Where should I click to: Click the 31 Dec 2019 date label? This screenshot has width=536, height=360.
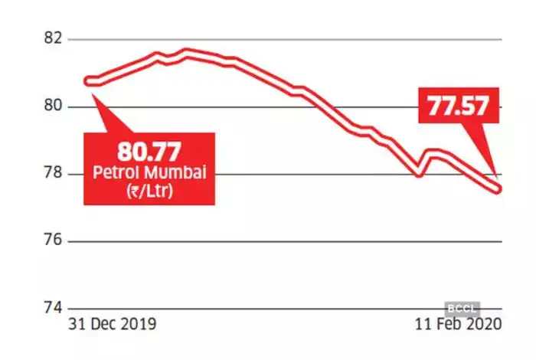tap(113, 324)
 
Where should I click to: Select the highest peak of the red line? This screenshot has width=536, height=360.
tap(188, 51)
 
